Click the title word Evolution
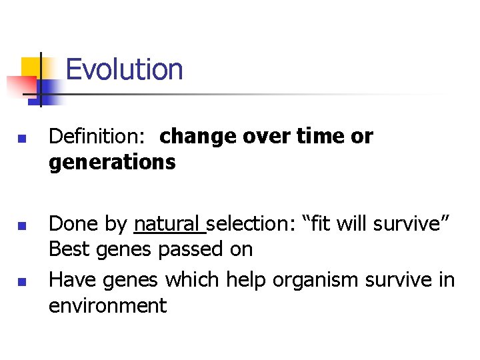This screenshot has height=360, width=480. pyautogui.click(x=124, y=69)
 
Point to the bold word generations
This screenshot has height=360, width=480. pyautogui.click(x=112, y=161)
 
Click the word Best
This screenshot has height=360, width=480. pyautogui.click(x=68, y=249)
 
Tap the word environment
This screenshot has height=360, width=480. pyautogui.click(x=107, y=305)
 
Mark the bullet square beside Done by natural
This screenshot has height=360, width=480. pyautogui.click(x=22, y=227)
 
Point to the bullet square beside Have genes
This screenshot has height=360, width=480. pyautogui.click(x=22, y=283)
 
